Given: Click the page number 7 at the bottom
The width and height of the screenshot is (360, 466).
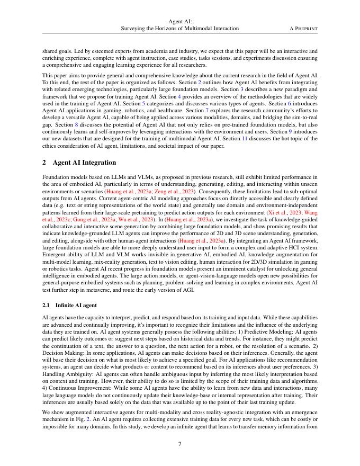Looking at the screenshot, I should [x=180, y=444].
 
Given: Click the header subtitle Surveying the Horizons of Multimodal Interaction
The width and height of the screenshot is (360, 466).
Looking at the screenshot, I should [x=180, y=28].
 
